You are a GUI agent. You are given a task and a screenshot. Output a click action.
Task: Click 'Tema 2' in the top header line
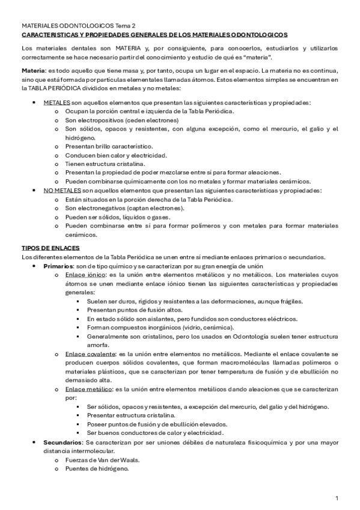pos(124,26)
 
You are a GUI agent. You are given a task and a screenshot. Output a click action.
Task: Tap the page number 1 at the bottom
pos(337,498)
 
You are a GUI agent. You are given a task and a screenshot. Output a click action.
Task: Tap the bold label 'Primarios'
pos(58,266)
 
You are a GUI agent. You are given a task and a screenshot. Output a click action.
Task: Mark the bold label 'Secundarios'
pos(62,442)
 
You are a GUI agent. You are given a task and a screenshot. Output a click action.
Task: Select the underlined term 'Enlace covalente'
pos(92,354)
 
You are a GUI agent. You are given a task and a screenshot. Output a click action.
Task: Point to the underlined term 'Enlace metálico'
pos(90,389)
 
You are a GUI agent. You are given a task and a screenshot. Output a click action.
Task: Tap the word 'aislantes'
pos(156,319)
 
